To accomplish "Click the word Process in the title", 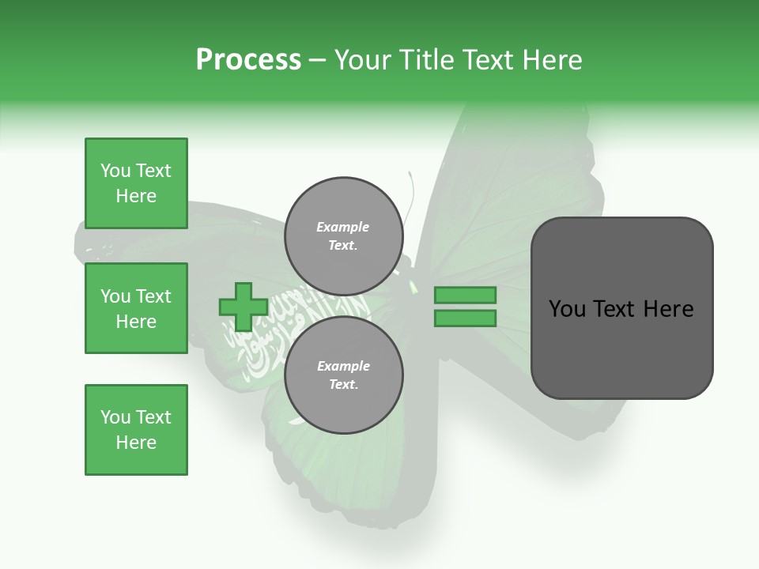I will [x=248, y=60].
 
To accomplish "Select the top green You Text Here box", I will [x=136, y=183].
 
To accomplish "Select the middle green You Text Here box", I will [x=136, y=308].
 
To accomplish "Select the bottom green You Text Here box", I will [x=136, y=430].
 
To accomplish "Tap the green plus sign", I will [x=243, y=307].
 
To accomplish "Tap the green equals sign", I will [x=465, y=307].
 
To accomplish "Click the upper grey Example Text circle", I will [x=343, y=236].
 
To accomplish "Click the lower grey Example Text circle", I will [x=343, y=375].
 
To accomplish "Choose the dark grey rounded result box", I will [x=621, y=308].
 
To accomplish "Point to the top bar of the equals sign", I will [x=465, y=295].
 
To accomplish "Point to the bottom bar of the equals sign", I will [x=465, y=318].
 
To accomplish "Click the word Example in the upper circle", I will [x=343, y=227].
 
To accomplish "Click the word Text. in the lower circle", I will [x=343, y=385].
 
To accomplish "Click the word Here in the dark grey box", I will [x=670, y=309].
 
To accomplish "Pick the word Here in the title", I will [x=550, y=60].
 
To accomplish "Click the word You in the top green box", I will [x=115, y=171].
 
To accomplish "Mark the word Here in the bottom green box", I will [x=136, y=443].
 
